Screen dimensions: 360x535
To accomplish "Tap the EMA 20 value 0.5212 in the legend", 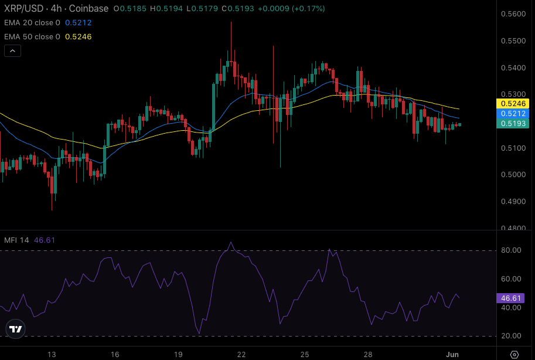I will pyautogui.click(x=78, y=23).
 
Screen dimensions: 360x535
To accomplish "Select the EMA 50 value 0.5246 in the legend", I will pyautogui.click(x=78, y=36).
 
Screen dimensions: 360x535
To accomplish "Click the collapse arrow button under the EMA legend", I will pyautogui.click(x=12, y=50).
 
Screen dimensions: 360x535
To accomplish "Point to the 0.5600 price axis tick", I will pyautogui.click(x=513, y=14).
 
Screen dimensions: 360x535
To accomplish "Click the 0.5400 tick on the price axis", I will pyautogui.click(x=513, y=68).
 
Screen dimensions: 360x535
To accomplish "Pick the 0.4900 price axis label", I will pyautogui.click(x=513, y=202).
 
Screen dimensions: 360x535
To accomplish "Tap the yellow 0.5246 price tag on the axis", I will pyautogui.click(x=513, y=103).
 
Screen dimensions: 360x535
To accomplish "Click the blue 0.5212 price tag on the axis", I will pyautogui.click(x=513, y=113).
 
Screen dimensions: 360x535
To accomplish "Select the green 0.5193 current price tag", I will pyautogui.click(x=513, y=123).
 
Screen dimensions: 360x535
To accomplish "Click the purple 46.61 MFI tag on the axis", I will pyautogui.click(x=512, y=298).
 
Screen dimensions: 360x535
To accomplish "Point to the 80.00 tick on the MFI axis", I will pyautogui.click(x=512, y=250).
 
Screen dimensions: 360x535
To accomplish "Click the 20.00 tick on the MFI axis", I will pyautogui.click(x=512, y=336).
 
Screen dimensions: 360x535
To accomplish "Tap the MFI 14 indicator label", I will pyautogui.click(x=16, y=240).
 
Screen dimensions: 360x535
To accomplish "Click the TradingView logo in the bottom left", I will pyautogui.click(x=16, y=329).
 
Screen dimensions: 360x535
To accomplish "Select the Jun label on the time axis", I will pyautogui.click(x=452, y=354).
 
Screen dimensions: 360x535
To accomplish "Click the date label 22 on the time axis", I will pyautogui.click(x=241, y=354).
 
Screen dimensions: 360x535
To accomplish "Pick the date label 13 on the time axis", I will pyautogui.click(x=52, y=354).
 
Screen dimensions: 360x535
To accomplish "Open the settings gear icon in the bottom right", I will pyautogui.click(x=514, y=354).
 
